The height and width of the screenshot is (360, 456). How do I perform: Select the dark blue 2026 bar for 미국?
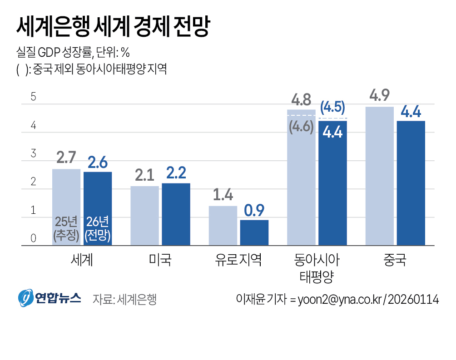176,214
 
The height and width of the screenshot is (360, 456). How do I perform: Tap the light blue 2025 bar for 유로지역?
223,226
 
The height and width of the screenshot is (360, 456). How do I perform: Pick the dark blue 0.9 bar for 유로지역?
254,232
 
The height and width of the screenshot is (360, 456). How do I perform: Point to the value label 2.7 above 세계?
66,158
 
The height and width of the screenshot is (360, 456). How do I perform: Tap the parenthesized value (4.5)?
332,108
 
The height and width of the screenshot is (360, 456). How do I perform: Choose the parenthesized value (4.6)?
301,127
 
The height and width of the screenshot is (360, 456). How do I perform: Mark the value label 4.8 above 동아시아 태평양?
301,99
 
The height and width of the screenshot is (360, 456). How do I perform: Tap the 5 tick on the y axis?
33,97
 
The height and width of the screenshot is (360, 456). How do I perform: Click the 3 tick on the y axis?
33,153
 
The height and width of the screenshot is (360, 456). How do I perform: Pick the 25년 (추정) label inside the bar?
66,228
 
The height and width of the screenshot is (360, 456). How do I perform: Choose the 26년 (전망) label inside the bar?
98,228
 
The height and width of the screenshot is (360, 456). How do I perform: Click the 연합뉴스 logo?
50,298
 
